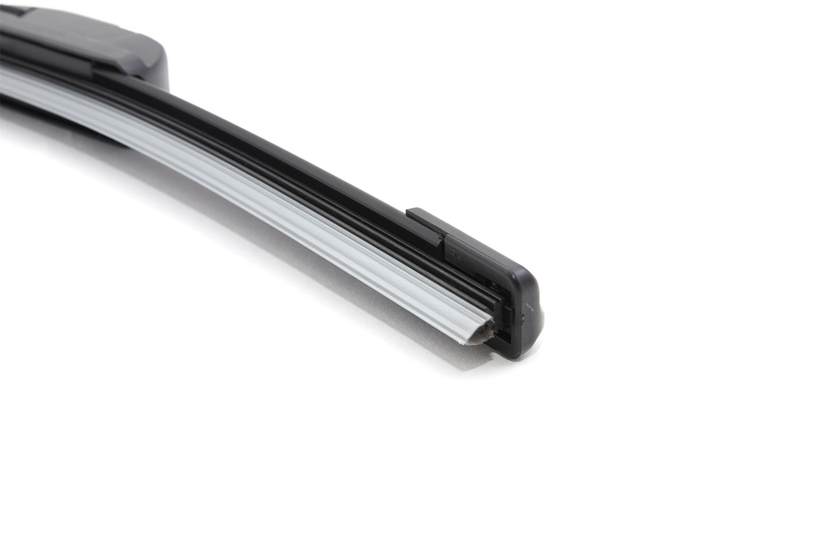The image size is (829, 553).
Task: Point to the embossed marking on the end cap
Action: [457, 254]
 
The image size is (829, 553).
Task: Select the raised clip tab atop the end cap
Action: [426, 223]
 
